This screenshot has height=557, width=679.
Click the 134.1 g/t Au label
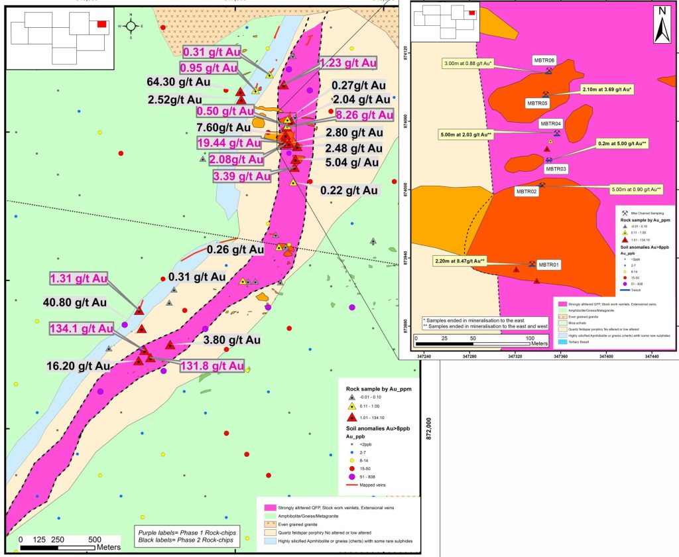point(80,328)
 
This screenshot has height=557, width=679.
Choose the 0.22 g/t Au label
point(349,191)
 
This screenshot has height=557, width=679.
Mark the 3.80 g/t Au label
point(231,340)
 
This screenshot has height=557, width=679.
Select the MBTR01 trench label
point(548,265)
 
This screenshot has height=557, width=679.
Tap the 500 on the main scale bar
point(95,539)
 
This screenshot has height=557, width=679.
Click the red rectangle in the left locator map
point(101,24)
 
